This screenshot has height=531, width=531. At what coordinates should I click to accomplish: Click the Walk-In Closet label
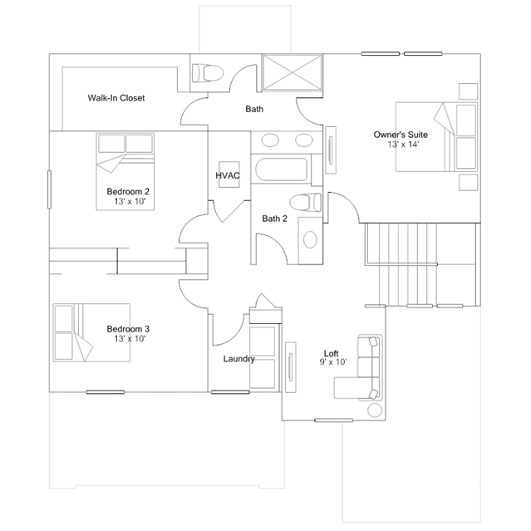point(116,98)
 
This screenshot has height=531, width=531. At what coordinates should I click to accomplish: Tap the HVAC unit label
point(228,175)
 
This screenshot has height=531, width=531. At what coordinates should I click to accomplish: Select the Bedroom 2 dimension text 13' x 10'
point(130,201)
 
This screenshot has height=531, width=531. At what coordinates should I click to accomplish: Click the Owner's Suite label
point(401,135)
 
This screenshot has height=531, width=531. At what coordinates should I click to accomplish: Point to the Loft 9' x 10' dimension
point(333,362)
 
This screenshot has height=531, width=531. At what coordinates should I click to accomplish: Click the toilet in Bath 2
point(306,202)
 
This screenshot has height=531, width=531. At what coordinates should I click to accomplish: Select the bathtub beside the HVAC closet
point(281,170)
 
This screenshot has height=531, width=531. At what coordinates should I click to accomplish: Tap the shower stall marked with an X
point(293,72)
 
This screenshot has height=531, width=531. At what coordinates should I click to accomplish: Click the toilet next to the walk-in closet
point(208,73)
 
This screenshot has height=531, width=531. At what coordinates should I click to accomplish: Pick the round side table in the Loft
point(375,411)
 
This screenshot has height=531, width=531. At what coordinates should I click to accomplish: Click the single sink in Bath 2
point(310,240)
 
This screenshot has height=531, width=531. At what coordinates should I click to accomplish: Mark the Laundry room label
point(239,359)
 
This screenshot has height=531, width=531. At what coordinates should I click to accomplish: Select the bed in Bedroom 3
point(91,332)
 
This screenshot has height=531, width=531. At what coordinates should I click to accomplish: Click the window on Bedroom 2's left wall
point(49,189)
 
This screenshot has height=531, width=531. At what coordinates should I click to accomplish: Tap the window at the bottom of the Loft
point(333,420)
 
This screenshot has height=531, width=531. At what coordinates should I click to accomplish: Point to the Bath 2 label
point(275,219)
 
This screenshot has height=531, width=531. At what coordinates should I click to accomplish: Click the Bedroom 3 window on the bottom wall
point(106,392)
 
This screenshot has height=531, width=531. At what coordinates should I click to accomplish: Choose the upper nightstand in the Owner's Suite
point(469,91)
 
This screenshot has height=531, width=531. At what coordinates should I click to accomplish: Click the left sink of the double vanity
point(270,140)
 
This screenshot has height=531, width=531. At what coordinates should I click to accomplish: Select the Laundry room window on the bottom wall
point(230,392)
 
